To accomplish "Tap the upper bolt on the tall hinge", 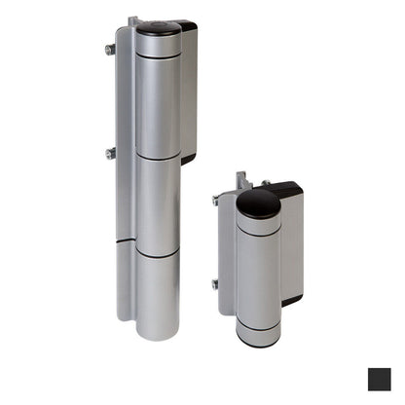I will (x=110, y=49).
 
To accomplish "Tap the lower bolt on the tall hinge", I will (x=110, y=152).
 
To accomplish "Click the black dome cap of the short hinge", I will (x=258, y=203).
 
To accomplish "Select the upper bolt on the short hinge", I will (x=215, y=201).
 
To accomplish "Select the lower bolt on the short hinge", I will (x=215, y=284).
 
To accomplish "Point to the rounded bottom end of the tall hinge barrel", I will (x=157, y=331).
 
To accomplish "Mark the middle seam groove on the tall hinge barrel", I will (x=157, y=156).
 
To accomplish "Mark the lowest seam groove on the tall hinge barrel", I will (x=157, y=251).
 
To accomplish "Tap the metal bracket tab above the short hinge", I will (x=242, y=181).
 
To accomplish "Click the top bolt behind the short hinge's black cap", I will (x=263, y=182).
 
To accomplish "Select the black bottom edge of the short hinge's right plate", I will (x=291, y=301).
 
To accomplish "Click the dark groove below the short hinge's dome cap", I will (x=258, y=233).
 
